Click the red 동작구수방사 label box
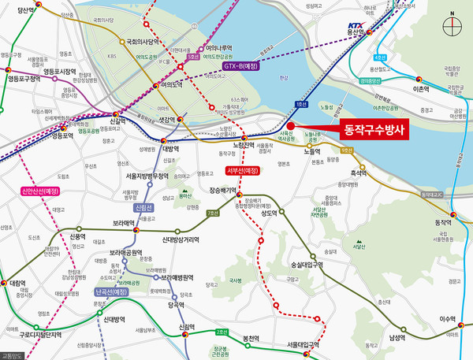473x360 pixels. (371, 131)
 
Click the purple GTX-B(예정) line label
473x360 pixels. (241, 66)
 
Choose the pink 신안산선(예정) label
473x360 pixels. (40, 191)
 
